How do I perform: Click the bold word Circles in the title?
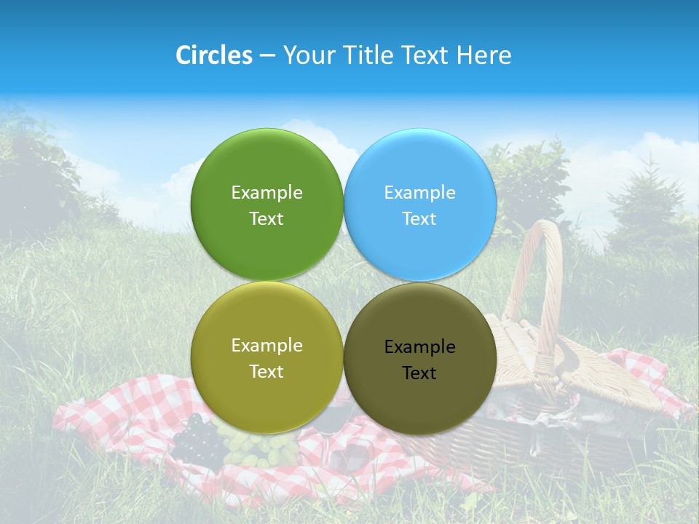tap(214, 55)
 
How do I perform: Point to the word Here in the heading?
tap(483, 55)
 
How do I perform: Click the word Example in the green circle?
tap(266, 192)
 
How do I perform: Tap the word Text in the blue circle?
tap(419, 218)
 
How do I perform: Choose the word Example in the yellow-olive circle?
tap(266, 345)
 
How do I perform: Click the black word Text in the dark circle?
tap(419, 373)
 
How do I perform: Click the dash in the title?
tap(267, 56)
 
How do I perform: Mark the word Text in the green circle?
tap(266, 218)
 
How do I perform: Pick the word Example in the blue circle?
tap(419, 192)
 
